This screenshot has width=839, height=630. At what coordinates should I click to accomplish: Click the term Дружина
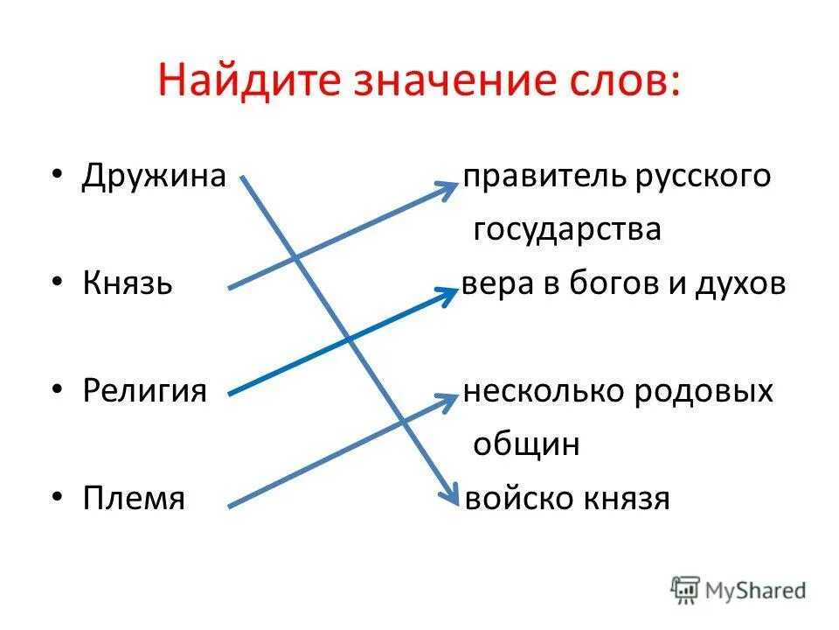(x=155, y=176)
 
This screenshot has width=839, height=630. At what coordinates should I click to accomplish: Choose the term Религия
(x=145, y=389)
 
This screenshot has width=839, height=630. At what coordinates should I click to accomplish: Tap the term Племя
(x=134, y=498)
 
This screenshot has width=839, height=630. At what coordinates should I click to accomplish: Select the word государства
(x=567, y=230)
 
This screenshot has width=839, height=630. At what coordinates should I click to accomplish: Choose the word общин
(x=526, y=444)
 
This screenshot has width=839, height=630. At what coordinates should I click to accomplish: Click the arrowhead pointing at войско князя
(x=451, y=495)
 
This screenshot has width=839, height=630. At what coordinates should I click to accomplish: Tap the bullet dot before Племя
(x=57, y=496)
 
